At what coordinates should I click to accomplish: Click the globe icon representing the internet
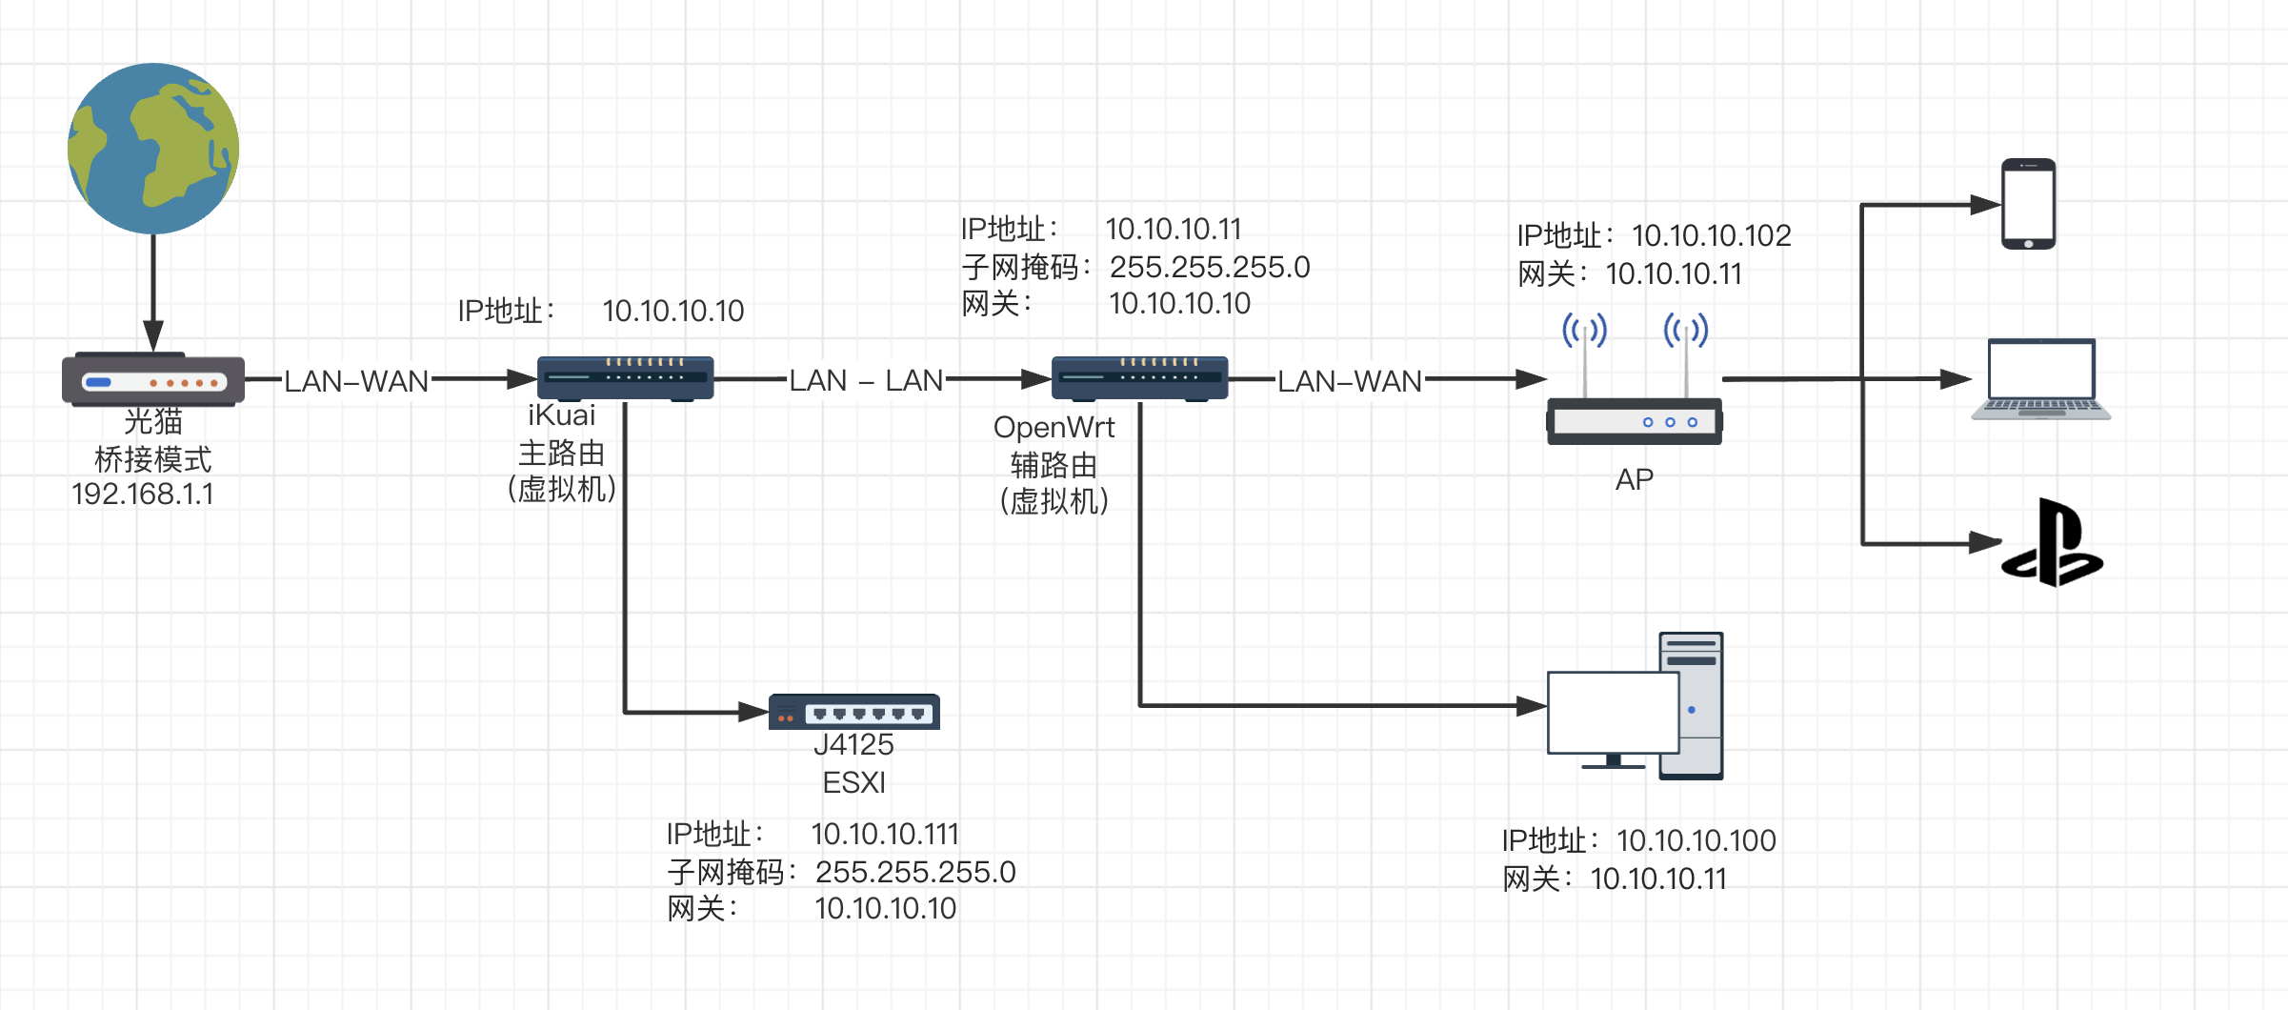point(153,149)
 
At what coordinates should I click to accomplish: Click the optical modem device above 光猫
point(153,380)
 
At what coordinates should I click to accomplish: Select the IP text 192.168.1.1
point(143,495)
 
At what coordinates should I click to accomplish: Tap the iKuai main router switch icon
point(625,378)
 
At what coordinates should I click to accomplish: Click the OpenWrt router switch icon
point(1139,378)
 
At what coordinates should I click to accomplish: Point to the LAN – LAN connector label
point(865,380)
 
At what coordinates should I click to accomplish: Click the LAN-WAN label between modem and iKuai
point(356,381)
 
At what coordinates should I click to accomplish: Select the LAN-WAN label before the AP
point(1349,381)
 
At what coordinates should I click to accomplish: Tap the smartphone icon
point(2028,204)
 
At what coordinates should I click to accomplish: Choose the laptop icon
point(2040,379)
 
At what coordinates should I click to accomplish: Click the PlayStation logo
point(2053,543)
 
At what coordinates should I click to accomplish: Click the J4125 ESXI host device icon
point(854,712)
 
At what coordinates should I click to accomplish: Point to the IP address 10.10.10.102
point(1711,235)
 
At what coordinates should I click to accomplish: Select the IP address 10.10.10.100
point(1696,840)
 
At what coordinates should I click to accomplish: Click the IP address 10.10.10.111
point(884,834)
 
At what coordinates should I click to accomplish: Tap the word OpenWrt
point(1054,427)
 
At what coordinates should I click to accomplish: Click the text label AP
point(1634,479)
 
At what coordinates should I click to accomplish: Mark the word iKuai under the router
point(561,415)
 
